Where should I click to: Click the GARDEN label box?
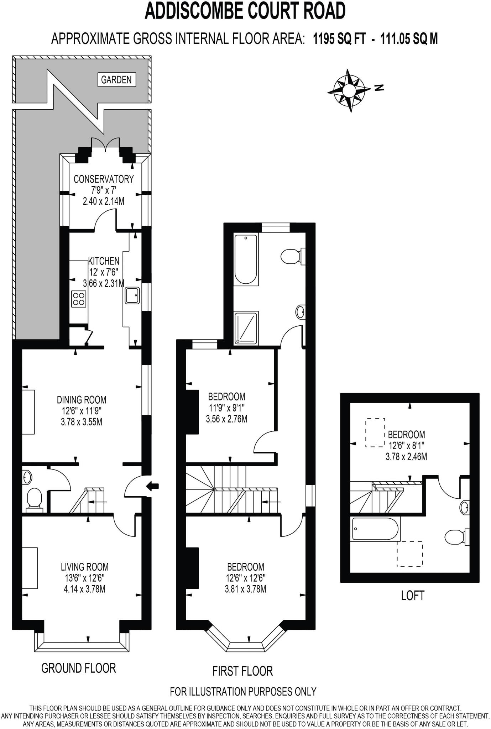point(116,79)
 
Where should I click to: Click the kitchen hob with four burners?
point(79,299)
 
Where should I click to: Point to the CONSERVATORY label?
point(103,179)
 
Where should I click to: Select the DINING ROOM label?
point(81,400)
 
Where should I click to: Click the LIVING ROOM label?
point(84,566)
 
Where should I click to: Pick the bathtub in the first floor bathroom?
point(246,259)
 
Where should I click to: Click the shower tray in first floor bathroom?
point(246,328)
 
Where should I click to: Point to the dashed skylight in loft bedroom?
point(375,432)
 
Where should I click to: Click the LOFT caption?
point(413,596)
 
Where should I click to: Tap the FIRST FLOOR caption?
point(242,671)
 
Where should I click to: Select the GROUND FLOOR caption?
point(79,668)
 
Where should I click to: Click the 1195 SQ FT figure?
point(339,38)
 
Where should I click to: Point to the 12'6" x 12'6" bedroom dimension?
point(245,578)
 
